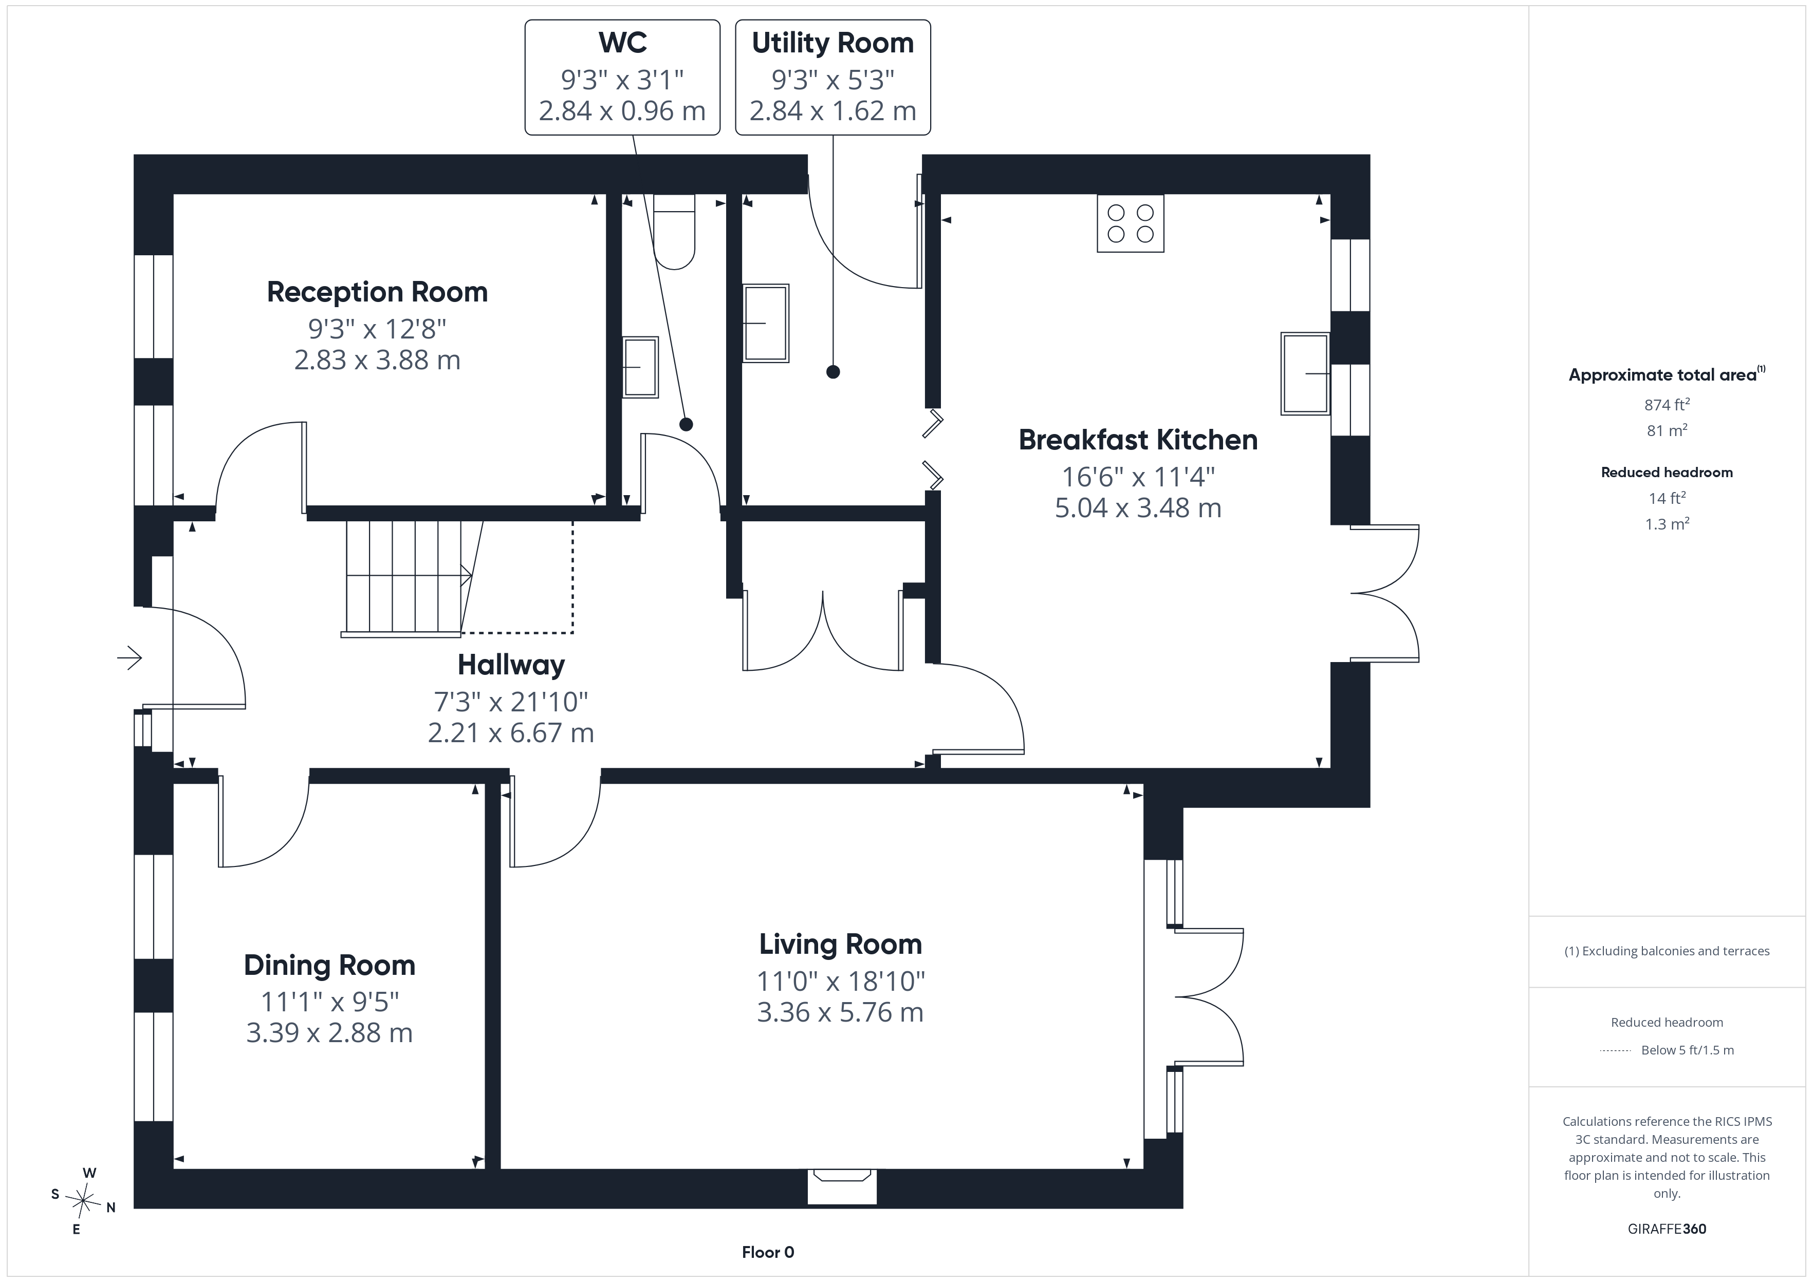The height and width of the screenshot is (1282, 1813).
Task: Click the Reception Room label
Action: (x=377, y=292)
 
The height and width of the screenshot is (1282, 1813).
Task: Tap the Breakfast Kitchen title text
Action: (x=1138, y=440)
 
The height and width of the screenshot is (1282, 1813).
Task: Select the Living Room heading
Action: (x=840, y=944)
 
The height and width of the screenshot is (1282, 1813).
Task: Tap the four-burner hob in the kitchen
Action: (x=1131, y=223)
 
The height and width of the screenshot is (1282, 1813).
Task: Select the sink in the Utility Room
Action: (x=766, y=323)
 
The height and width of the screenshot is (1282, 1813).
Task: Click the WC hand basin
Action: (x=640, y=367)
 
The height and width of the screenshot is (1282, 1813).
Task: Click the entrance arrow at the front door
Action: (x=129, y=657)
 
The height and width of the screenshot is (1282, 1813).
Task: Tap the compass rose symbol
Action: (x=83, y=1201)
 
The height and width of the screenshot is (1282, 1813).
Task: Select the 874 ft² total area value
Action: (x=1667, y=404)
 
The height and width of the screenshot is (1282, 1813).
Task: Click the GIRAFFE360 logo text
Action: (x=1667, y=1229)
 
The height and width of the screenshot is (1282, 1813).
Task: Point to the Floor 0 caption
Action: (x=768, y=1252)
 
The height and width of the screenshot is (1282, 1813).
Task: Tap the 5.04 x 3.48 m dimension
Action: (x=1138, y=507)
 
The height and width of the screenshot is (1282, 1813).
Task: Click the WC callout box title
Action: (x=623, y=43)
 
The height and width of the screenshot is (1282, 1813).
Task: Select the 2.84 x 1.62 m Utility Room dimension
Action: (x=833, y=110)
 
